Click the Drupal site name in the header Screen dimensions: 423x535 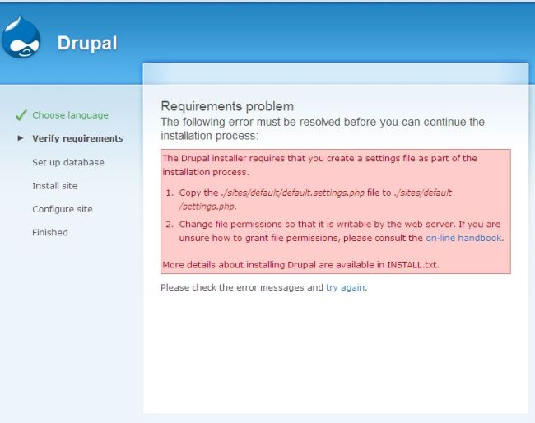point(86,43)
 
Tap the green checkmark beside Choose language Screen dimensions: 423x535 point(21,115)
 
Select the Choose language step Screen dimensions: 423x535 point(70,115)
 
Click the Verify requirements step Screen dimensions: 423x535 point(77,138)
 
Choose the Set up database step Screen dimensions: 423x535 point(68,162)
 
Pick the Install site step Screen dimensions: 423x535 point(55,186)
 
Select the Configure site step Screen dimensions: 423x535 point(63,209)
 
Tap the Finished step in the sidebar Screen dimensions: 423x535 point(50,232)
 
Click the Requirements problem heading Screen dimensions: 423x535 point(227,106)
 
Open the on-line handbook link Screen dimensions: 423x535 point(463,238)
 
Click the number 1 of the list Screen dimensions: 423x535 point(169,193)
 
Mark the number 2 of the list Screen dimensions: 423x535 point(169,225)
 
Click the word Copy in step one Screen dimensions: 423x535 point(191,193)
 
